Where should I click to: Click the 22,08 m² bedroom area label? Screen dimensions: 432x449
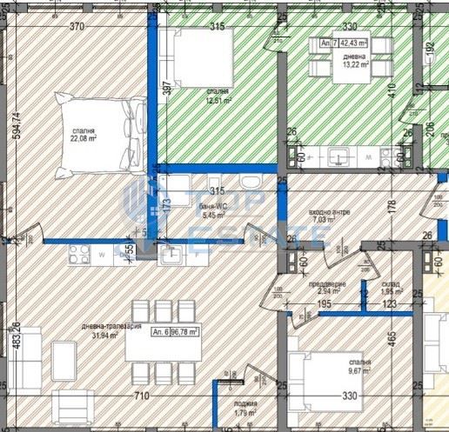[84, 135]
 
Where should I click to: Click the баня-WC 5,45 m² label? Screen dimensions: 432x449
[213, 209]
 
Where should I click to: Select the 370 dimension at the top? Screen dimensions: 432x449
[77, 28]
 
